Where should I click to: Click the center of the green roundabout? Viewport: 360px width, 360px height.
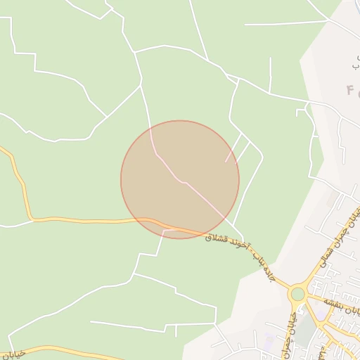pyautogui.click(x=298, y=293)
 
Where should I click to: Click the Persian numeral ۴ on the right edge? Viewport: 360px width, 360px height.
pyautogui.click(x=350, y=90)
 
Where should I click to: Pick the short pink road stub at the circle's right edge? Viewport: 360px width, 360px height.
pyautogui.click(x=231, y=155)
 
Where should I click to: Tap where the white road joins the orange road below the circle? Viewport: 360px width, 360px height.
pyautogui.click(x=164, y=229)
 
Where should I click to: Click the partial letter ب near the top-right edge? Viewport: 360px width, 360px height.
pyautogui.click(x=354, y=63)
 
